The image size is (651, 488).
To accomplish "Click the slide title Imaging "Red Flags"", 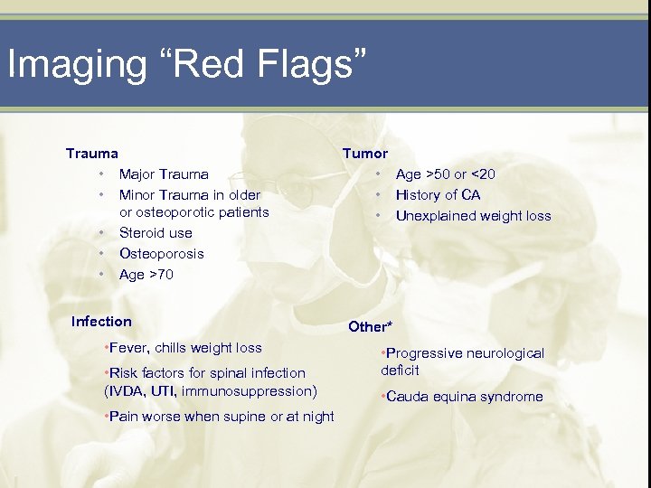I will [187, 65].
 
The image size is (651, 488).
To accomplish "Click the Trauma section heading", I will [91, 154].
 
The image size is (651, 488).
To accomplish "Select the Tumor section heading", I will [364, 154].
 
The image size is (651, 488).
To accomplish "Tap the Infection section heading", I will [101, 322].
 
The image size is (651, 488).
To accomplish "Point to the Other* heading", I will [371, 326].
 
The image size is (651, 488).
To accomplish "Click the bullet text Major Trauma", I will [164, 174].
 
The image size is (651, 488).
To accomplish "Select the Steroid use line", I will [156, 233].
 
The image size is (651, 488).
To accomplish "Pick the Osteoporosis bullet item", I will [162, 254].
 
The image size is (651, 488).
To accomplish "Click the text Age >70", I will [146, 275].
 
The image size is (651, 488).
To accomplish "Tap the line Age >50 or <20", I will [446, 174].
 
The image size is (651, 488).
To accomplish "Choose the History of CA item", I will [439, 195].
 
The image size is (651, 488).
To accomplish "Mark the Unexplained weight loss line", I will [473, 216].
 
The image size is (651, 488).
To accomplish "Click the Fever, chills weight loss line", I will [184, 348].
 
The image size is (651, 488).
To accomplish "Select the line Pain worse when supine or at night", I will [220, 417].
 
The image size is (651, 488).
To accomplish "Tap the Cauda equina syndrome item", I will [462, 397].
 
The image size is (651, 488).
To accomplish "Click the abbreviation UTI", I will [164, 391].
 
